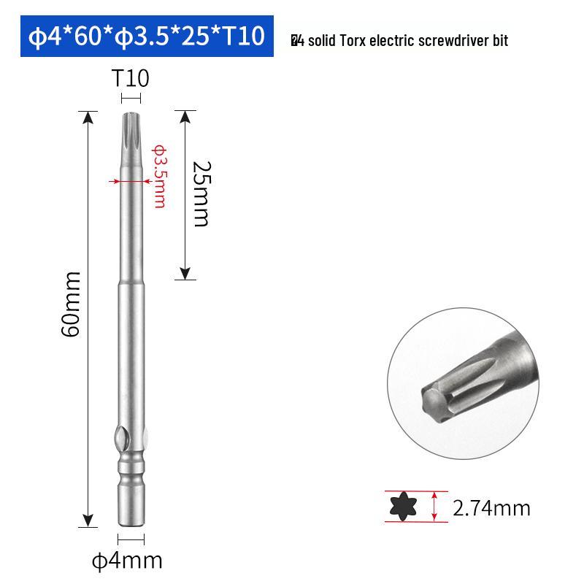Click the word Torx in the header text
(x=353, y=41)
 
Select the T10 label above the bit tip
(x=130, y=78)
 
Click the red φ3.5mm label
(x=158, y=175)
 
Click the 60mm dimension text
(x=71, y=303)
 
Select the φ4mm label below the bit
(x=127, y=561)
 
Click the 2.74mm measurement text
(x=491, y=507)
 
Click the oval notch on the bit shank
(x=120, y=442)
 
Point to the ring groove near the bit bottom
(x=131, y=468)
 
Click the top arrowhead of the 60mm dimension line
(x=88, y=116)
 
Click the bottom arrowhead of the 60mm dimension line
(x=88, y=520)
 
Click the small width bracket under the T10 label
(x=131, y=99)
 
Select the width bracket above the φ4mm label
(x=131, y=540)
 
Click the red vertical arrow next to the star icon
(x=435, y=506)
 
